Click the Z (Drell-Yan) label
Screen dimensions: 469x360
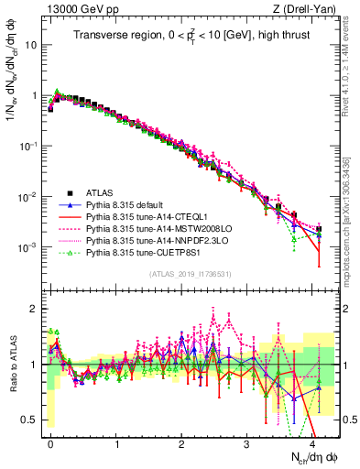308,9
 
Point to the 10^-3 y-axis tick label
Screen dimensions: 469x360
30,248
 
